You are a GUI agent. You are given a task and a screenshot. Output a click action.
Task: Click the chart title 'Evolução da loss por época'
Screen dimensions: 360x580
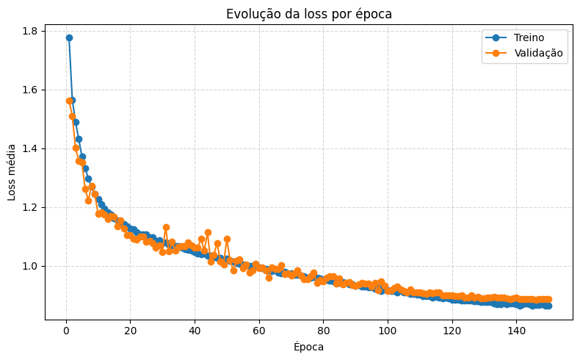click(308, 14)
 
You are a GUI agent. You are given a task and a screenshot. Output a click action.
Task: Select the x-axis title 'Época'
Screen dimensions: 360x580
click(308, 347)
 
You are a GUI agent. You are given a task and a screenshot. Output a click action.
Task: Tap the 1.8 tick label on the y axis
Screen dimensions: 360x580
click(30, 31)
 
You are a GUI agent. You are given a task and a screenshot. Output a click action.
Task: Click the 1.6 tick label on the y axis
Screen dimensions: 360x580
click(30, 90)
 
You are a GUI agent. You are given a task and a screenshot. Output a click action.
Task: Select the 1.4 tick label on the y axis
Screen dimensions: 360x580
click(30, 148)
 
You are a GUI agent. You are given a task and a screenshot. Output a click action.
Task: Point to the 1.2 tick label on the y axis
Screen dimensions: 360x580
click(30, 207)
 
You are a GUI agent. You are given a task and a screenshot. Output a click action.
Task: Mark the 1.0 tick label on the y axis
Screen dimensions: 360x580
click(30, 266)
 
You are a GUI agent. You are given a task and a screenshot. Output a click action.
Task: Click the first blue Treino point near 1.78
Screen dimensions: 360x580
click(69, 37)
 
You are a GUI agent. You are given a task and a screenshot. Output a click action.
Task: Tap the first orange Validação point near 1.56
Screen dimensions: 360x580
click(69, 101)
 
